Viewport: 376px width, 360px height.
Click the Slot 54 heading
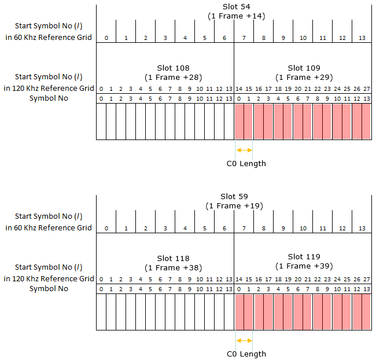[x=236, y=7]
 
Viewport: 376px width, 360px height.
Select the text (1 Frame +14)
[x=236, y=16]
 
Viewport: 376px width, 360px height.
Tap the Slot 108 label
[x=173, y=68]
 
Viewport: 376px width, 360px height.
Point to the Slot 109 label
[x=304, y=68]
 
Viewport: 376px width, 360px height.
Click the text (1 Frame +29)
[x=304, y=78]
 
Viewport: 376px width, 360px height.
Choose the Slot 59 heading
[x=234, y=197]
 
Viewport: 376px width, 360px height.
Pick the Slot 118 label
[x=173, y=259]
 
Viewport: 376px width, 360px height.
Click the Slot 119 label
[x=304, y=257]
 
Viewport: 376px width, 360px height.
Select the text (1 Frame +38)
[x=173, y=268]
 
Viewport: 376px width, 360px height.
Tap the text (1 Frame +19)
[x=234, y=206]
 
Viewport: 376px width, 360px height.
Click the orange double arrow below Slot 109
[x=244, y=150]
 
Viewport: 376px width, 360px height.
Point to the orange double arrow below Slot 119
[x=244, y=340]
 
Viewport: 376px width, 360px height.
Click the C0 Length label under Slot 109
[x=246, y=164]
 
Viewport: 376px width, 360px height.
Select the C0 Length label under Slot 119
[x=246, y=354]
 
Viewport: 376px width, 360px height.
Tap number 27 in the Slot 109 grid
[x=367, y=89]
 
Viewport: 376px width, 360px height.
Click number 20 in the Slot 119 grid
[x=298, y=280]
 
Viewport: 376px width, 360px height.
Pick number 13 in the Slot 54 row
[x=362, y=38]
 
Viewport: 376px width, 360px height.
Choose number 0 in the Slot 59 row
[x=106, y=229]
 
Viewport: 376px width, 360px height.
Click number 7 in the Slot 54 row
[x=244, y=38]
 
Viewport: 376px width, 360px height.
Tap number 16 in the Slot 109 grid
[x=259, y=89]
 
